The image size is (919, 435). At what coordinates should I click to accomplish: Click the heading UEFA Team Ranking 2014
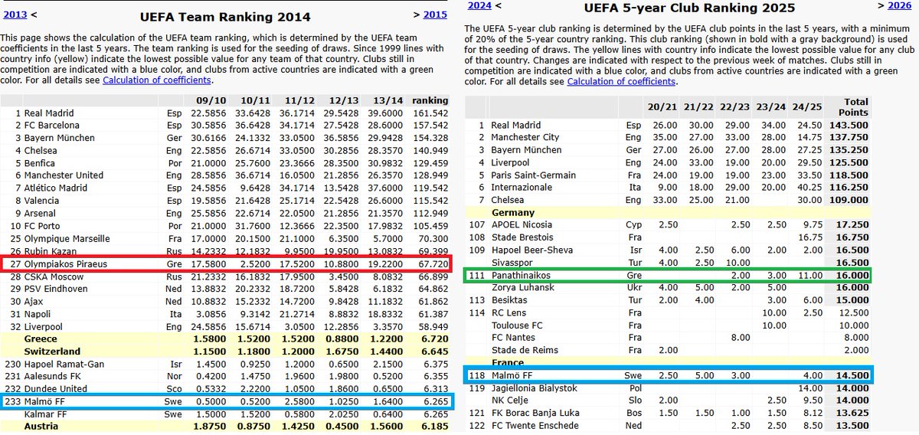point(225,17)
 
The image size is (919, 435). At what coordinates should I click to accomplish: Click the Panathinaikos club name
point(520,275)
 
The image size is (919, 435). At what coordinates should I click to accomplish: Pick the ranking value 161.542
point(430,113)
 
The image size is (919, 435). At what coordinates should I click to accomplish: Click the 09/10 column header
point(208,100)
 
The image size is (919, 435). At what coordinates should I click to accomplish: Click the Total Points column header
point(850,107)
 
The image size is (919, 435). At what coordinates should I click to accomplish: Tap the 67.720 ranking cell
point(430,264)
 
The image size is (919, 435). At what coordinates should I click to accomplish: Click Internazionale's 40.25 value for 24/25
point(809,187)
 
